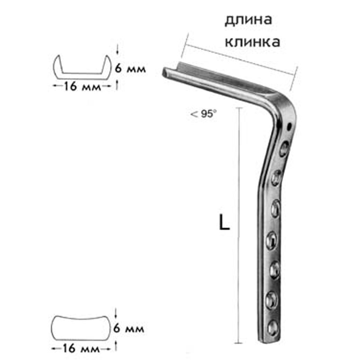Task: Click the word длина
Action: pos(249,20)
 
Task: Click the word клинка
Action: pos(252,42)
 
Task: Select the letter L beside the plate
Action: pos(224,223)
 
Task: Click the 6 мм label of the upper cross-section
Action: pos(130,68)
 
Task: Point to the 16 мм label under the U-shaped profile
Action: pos(82,87)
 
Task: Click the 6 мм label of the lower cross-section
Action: pos(129,328)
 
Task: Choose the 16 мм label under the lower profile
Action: pos(81,349)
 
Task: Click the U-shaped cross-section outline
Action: pos(82,67)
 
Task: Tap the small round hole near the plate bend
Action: pos(289,126)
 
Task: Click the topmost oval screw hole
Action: pos(284,148)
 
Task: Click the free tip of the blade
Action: pos(164,72)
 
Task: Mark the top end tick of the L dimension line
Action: pos(239,107)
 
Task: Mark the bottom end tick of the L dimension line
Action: pos(239,343)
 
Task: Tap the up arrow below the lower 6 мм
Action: pos(116,346)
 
